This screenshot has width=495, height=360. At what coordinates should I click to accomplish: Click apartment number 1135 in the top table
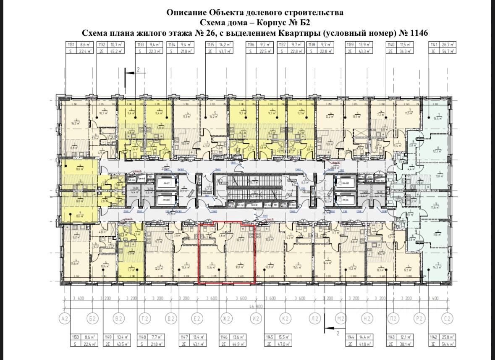coord(210,44)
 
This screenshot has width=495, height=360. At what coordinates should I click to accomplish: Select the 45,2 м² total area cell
coord(113,51)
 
